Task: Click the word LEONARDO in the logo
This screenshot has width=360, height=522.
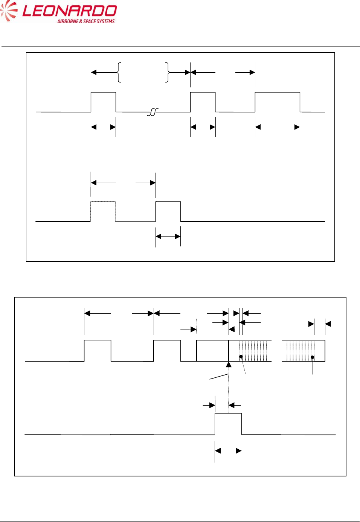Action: click(x=70, y=11)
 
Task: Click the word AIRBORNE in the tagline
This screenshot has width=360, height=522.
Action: click(x=67, y=21)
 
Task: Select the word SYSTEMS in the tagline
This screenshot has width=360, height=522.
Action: click(x=105, y=21)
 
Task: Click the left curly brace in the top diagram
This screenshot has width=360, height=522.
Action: click(x=119, y=72)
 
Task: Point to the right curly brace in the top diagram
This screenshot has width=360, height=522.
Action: click(x=168, y=72)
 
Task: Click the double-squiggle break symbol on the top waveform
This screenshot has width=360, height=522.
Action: click(x=153, y=112)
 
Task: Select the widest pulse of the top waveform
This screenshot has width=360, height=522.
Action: click(x=278, y=102)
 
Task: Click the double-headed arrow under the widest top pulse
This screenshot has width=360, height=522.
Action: click(x=278, y=127)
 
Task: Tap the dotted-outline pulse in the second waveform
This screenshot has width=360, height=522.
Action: click(x=103, y=211)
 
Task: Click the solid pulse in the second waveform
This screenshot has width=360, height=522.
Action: click(x=168, y=211)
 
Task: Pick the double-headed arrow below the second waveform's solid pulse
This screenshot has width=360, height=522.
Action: click(x=168, y=237)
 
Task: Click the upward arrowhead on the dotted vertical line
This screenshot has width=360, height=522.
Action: click(x=229, y=364)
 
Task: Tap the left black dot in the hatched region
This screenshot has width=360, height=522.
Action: click(x=241, y=357)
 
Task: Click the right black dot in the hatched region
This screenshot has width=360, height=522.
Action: click(x=312, y=357)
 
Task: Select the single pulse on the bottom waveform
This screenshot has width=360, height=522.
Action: click(x=228, y=424)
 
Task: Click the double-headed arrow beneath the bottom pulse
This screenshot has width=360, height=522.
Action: click(x=228, y=450)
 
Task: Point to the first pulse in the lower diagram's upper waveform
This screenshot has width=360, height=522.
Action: click(x=98, y=351)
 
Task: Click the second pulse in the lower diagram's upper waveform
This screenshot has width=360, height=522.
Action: click(x=167, y=351)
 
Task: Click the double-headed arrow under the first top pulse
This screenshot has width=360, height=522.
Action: click(x=103, y=127)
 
